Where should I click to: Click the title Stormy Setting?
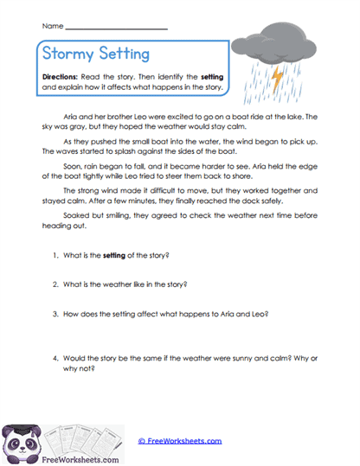pyautogui.click(x=95, y=54)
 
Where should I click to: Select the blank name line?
pyautogui.click(x=117, y=29)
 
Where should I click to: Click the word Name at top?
pyautogui.click(x=51, y=27)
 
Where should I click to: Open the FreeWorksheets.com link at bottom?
pyautogui.click(x=180, y=441)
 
